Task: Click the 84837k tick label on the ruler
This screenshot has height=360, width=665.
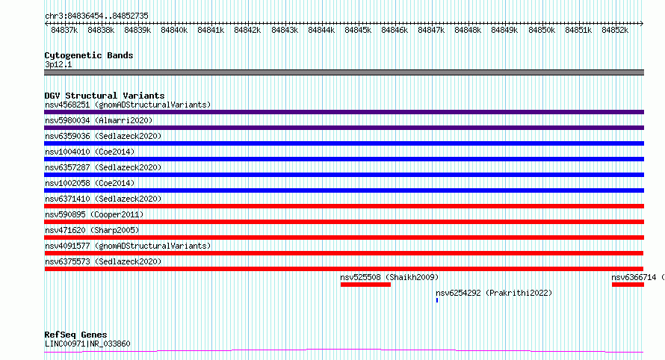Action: coord(64,30)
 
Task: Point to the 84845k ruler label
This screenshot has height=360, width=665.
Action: coord(358,30)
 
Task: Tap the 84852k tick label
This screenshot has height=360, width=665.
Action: coord(615,30)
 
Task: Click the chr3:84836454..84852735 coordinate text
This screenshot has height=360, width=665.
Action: coord(96,16)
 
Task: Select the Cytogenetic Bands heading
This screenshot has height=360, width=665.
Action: coord(89,55)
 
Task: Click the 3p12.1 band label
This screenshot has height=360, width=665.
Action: coord(58,64)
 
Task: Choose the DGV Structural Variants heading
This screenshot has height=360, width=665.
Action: coord(105,96)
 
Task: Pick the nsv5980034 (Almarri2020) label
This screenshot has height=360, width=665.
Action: coord(99,120)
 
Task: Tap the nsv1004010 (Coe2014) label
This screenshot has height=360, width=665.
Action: coord(90,152)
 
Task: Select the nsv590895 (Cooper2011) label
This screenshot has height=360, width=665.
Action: coord(95,214)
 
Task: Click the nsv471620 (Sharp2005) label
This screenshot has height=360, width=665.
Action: coord(92,230)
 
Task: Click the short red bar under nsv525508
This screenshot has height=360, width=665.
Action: coord(365,285)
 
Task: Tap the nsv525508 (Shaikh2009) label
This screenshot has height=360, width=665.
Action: coord(389,277)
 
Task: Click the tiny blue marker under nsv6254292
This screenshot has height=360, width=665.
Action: coord(437,300)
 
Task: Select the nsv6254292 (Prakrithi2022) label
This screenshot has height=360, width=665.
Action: coord(494,293)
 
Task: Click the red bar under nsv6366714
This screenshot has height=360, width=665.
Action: coord(628,285)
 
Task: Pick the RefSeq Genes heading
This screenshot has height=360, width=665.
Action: coord(76,335)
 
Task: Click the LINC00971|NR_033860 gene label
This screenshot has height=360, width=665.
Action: coord(87,344)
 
